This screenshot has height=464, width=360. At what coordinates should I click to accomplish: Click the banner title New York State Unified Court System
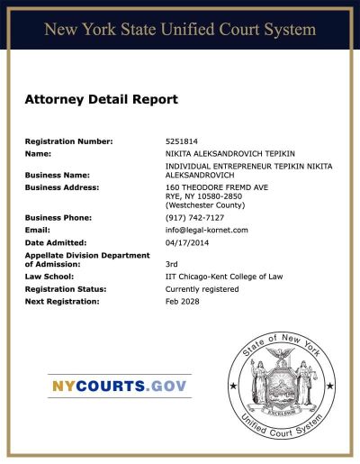[180, 30]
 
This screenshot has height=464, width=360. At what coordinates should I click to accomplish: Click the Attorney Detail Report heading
[102, 99]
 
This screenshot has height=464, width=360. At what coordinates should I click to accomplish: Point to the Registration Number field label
[68, 141]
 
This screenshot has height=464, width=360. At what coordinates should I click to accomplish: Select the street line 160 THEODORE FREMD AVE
[217, 187]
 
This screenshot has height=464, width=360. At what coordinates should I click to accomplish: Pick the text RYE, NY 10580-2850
[203, 196]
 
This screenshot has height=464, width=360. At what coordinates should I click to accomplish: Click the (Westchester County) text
[205, 205]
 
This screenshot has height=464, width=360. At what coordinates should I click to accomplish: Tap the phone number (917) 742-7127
[194, 218]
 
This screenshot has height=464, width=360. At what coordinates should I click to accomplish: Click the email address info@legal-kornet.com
[206, 230]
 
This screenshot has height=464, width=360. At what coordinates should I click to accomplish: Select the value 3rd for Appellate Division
[172, 264]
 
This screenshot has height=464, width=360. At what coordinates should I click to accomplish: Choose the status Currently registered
[202, 289]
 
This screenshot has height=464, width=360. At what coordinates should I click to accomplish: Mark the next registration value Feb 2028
[183, 301]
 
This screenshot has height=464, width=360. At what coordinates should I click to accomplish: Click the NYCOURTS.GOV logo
[119, 386]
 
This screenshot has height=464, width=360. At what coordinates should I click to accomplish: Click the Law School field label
[49, 277]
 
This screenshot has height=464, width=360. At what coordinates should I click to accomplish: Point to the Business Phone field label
[58, 218]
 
